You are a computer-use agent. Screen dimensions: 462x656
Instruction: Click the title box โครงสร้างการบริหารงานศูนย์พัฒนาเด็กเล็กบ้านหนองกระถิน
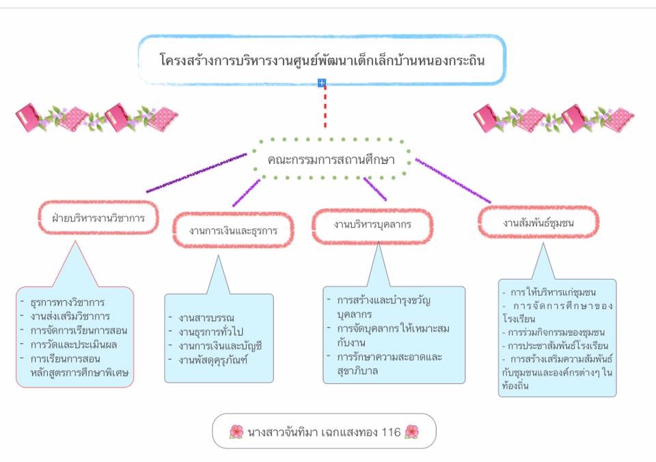(322, 59)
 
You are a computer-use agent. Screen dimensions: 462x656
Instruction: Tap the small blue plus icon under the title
(322, 83)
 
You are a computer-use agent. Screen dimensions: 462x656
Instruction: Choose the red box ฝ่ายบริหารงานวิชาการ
(95, 219)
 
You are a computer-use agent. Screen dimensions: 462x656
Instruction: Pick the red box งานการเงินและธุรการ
(233, 230)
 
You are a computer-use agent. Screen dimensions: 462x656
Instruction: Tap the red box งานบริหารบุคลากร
(372, 225)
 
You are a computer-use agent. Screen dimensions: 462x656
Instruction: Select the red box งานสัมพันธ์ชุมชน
(538, 222)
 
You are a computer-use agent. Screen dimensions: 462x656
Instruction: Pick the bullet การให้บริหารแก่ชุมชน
(557, 293)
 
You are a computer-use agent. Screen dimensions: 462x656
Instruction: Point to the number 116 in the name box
(392, 431)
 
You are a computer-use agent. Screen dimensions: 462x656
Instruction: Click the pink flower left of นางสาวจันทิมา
(236, 431)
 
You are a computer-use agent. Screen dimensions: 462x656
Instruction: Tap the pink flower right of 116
(411, 431)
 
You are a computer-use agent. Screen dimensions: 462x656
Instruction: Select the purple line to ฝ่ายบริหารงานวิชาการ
(197, 172)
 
